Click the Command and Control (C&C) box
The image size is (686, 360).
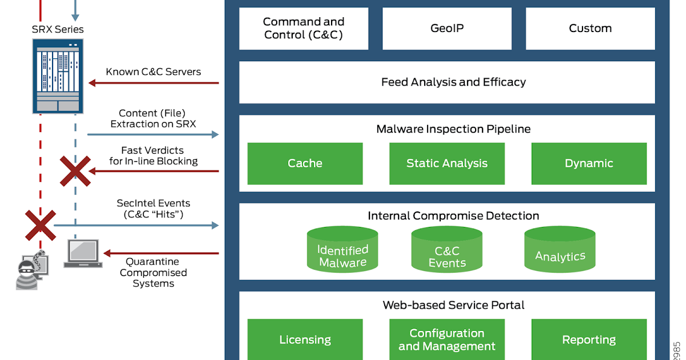coord(304,29)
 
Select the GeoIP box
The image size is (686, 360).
coord(447,29)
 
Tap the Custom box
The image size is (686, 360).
coord(590,29)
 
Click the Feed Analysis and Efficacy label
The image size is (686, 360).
coord(453,82)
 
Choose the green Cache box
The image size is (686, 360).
coord(305,163)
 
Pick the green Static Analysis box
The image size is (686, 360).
coord(446,163)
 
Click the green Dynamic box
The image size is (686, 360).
coord(589,163)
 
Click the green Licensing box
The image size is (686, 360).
coord(305,339)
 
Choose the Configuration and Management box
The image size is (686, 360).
coord(446,339)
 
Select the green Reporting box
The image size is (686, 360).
coord(589,339)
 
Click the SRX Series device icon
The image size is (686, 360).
coord(58,76)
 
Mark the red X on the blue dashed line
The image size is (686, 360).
coord(75,171)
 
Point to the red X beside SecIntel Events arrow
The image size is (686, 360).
coord(40,225)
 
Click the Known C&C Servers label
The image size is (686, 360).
coord(153,72)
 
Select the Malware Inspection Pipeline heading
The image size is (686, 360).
coord(453,129)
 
